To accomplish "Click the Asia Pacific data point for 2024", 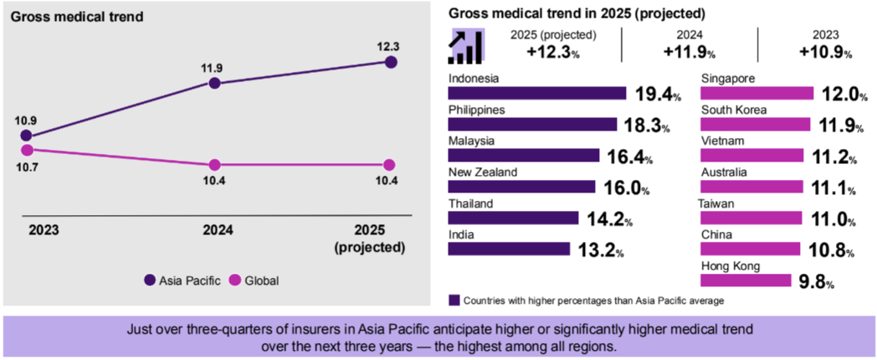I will click(215, 83).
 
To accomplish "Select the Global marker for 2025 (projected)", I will click(389, 164).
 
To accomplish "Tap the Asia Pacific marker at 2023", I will click(26, 135).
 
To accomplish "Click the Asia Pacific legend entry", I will click(182, 280).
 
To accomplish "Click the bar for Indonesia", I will click(537, 93).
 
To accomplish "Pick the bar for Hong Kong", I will click(746, 281).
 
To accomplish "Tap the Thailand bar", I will click(513, 218).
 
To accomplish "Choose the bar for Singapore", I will click(757, 93).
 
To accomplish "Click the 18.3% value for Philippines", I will click(646, 126).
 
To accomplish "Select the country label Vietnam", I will click(722, 141).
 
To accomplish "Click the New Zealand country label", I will click(482, 172).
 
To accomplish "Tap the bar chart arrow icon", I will click(466, 46).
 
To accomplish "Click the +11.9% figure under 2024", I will click(689, 53).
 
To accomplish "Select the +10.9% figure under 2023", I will click(825, 53).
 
